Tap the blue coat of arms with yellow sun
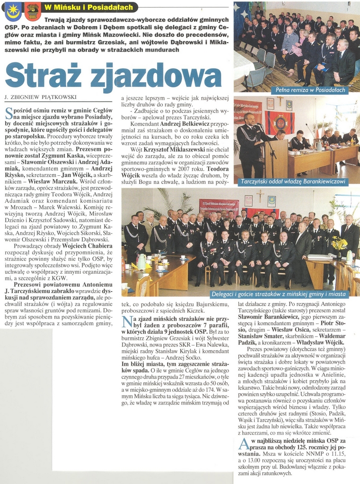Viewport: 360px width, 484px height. (x=12, y=10)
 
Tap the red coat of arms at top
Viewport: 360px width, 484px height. (x=33, y=10)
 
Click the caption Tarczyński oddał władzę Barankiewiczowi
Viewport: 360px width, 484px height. (x=294, y=181)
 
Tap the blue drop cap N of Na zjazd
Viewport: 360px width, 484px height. (x=126, y=323)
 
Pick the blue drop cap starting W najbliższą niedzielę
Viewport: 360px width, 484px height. (x=243, y=445)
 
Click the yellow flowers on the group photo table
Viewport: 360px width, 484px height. (x=339, y=243)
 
